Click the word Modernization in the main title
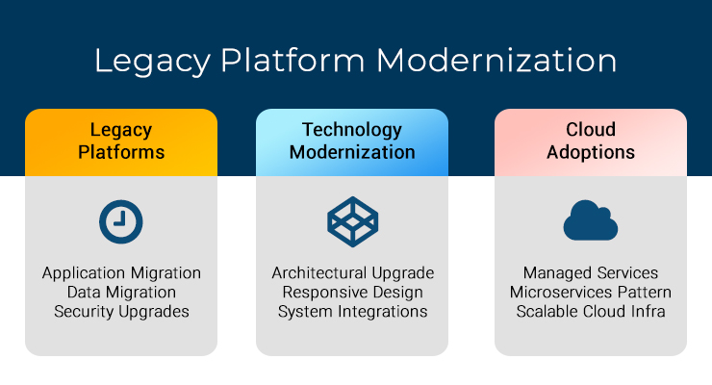(496, 61)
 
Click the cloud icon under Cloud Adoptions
(591, 220)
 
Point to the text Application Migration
(121, 272)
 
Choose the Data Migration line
(121, 292)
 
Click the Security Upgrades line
(121, 312)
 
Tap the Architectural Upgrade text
(353, 272)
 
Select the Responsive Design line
(352, 292)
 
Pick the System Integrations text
(352, 312)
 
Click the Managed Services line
(591, 272)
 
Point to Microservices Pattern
(591, 292)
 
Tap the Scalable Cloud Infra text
(591, 312)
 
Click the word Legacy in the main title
(153, 62)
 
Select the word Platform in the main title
(292, 61)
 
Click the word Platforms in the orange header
(121, 152)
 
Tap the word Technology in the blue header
(352, 130)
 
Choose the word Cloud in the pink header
(591, 129)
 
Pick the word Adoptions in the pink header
(591, 152)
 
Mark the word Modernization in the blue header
(352, 152)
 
